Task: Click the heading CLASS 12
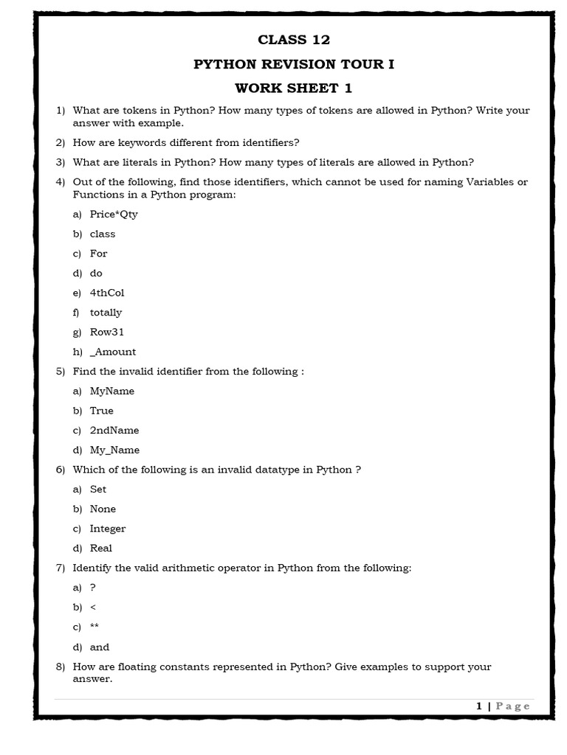click(x=294, y=40)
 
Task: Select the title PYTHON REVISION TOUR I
click(x=294, y=64)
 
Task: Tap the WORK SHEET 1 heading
click(x=294, y=88)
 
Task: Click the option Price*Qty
click(x=114, y=215)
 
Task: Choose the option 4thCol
click(x=107, y=293)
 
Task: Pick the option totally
click(x=106, y=313)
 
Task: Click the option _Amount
click(x=113, y=352)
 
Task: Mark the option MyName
click(x=112, y=391)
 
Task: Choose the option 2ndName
click(x=114, y=431)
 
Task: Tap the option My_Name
click(x=114, y=450)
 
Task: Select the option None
click(x=103, y=509)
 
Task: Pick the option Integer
click(x=108, y=529)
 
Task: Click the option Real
click(x=101, y=549)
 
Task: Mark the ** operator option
click(x=94, y=627)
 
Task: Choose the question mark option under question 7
click(x=93, y=588)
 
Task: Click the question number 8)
click(x=61, y=667)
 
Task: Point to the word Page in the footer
click(x=513, y=706)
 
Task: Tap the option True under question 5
click(x=102, y=411)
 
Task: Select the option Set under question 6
click(x=98, y=490)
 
